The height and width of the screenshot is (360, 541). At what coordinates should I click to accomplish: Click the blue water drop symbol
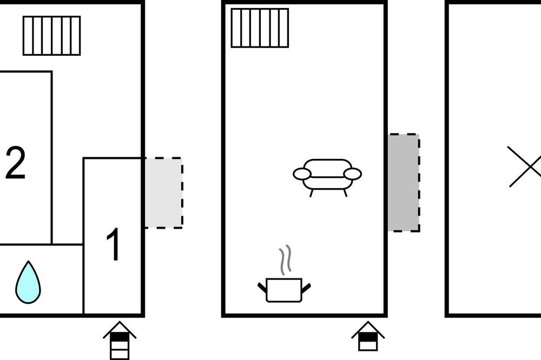click(28, 283)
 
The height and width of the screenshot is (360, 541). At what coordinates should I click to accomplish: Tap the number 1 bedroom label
click(114, 244)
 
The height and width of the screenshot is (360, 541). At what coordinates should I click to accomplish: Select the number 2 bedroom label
click(16, 162)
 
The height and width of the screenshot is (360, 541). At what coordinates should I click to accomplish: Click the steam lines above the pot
click(285, 260)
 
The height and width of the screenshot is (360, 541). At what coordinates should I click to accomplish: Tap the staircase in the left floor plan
click(52, 36)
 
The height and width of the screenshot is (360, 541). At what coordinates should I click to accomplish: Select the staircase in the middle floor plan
click(260, 28)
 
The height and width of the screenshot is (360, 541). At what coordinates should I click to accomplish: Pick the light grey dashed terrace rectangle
click(163, 193)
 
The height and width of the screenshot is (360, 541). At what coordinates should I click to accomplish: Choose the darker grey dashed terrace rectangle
click(404, 182)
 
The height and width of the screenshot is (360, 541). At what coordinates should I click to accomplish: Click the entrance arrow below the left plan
click(120, 340)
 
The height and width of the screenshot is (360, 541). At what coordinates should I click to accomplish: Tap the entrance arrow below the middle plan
click(368, 336)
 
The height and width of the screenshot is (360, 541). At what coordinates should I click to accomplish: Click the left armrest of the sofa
click(302, 174)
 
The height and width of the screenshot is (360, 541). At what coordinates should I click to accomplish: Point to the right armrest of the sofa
click(353, 174)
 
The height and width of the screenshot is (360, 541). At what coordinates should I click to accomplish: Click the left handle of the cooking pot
click(262, 287)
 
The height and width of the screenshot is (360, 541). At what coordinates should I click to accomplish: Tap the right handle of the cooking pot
click(306, 287)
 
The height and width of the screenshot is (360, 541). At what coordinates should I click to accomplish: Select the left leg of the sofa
click(311, 193)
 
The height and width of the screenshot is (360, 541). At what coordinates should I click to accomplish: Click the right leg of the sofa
click(345, 193)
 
